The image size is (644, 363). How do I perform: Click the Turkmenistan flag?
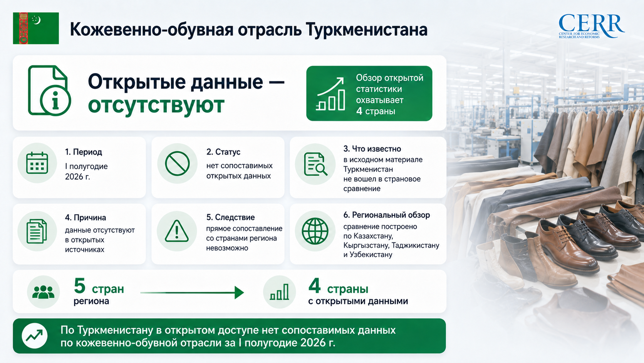(x=36, y=28)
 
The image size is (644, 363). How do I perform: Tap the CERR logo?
(x=591, y=26)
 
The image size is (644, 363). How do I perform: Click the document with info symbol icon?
(x=49, y=91)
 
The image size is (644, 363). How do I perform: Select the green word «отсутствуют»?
(x=156, y=105)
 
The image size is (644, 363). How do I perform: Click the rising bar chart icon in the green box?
(x=330, y=94)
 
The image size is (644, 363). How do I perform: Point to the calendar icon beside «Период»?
(x=37, y=163)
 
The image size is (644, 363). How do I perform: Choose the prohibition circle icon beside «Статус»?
(x=178, y=163)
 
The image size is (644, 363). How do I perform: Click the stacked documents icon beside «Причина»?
(x=37, y=231)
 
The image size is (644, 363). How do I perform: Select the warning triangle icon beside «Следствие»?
(x=177, y=231)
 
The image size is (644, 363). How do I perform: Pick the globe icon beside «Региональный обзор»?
(x=315, y=231)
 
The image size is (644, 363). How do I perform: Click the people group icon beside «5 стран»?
(x=44, y=292)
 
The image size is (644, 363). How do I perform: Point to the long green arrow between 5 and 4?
(x=192, y=292)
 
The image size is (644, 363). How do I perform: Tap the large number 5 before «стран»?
(x=80, y=286)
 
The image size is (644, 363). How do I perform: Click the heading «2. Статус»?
(x=223, y=152)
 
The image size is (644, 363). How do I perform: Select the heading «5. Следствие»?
(x=231, y=217)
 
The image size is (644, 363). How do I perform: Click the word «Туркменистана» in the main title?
(x=367, y=30)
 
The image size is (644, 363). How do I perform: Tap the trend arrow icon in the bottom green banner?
(x=35, y=336)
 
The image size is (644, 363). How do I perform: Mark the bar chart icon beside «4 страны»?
(x=280, y=292)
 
